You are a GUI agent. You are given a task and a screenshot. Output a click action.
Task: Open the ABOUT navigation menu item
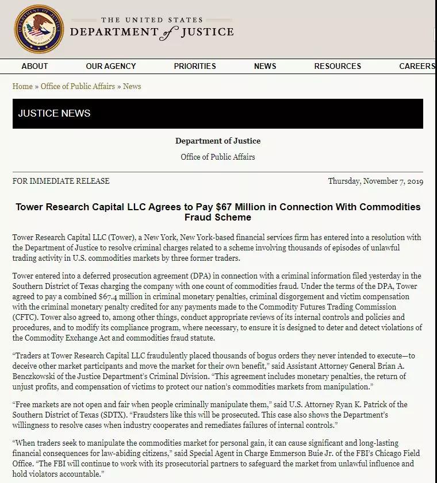pos(34,66)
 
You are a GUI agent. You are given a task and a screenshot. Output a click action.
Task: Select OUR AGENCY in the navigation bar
pos(111,66)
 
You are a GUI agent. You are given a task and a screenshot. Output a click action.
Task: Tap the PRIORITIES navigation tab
pos(195,66)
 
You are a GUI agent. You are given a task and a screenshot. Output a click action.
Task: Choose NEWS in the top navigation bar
pos(265,66)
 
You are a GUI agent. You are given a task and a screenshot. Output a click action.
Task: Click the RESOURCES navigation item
pos(338,66)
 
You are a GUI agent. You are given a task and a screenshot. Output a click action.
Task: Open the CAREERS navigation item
pos(417,66)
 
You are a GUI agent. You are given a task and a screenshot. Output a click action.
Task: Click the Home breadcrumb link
pos(22,86)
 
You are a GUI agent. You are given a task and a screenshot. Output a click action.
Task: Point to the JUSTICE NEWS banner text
pos(54,113)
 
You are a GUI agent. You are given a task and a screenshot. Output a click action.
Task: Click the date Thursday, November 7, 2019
pos(375,181)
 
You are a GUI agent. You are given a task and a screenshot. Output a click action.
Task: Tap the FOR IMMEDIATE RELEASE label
pos(61,181)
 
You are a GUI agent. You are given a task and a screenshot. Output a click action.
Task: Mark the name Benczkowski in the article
pos(38,376)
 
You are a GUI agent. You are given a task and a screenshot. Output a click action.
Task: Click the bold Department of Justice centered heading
pos(218,141)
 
